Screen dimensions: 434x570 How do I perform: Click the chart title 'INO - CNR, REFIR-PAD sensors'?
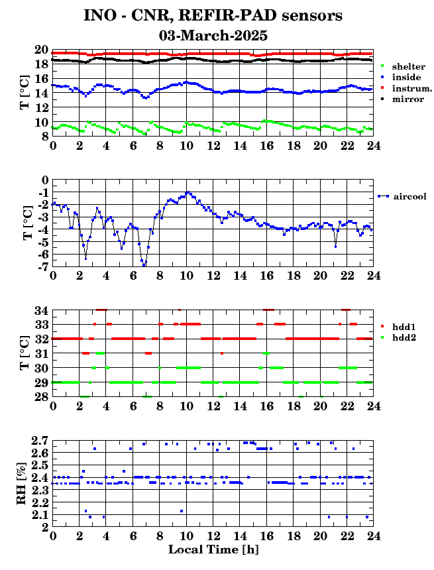213,16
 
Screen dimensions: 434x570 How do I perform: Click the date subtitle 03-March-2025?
213,36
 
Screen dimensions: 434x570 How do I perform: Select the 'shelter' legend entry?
403,66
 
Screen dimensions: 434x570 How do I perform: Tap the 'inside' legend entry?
401,77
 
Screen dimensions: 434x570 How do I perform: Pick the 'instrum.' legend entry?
406,88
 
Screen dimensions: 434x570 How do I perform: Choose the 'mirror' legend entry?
402,99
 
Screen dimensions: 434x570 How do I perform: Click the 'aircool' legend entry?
402,196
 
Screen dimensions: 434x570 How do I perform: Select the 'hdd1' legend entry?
398,327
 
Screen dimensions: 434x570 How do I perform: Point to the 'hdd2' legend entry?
398,338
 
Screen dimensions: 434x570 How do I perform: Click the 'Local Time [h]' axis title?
213,549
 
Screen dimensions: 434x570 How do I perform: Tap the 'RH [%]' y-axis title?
21,484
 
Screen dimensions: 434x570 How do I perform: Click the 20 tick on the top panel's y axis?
42,50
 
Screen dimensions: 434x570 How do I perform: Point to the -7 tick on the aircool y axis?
44,267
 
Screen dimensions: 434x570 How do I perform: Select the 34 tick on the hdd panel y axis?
42,310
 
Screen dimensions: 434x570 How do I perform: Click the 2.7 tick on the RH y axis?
40,441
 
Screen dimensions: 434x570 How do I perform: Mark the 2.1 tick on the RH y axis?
40,515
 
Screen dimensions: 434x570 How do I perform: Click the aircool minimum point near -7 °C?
144,265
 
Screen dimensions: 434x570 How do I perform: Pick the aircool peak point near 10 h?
188,192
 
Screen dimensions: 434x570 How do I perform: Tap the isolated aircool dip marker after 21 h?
335,247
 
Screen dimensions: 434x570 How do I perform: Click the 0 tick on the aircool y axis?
46,180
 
